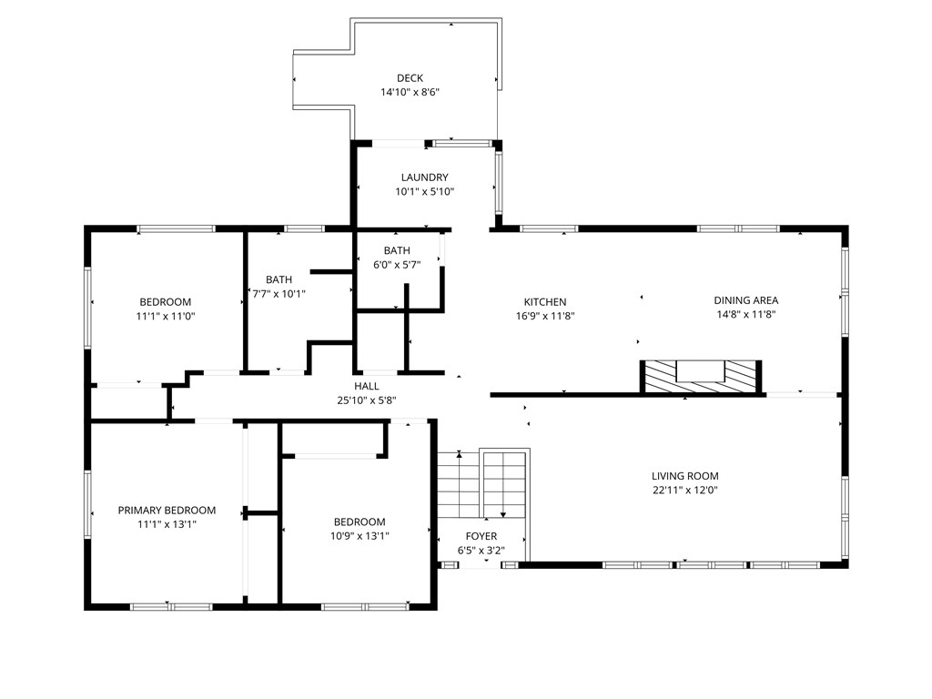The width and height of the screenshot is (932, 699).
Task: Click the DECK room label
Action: coord(410,78)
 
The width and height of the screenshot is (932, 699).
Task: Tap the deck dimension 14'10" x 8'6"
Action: coord(410,92)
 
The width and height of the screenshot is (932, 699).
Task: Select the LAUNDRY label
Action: coord(424,177)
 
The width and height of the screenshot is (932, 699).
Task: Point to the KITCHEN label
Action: coord(545,302)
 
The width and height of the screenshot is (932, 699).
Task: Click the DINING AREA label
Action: coord(745,300)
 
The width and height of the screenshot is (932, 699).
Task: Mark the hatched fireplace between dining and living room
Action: coord(702,376)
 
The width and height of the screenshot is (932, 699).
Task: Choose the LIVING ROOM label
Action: coord(684,476)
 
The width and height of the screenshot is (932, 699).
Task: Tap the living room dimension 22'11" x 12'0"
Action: coord(684,490)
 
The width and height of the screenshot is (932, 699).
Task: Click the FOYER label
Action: coord(481,537)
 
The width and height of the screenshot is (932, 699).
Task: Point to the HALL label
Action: coord(367,386)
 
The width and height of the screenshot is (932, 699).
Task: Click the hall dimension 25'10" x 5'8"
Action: coord(367,400)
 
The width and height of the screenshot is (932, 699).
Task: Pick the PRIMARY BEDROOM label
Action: coord(167,511)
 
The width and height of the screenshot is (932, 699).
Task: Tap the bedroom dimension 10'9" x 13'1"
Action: coord(359,535)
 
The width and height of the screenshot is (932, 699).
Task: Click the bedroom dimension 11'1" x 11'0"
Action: coord(165,316)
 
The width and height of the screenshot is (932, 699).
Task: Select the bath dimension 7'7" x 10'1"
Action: coord(279,293)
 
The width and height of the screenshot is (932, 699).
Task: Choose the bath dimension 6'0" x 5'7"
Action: coord(397,264)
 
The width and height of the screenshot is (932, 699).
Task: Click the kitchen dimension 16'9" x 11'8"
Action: coord(545,316)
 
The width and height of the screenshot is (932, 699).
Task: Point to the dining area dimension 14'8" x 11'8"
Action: coord(745,314)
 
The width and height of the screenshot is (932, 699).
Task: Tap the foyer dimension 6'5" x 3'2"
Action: coord(481,551)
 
